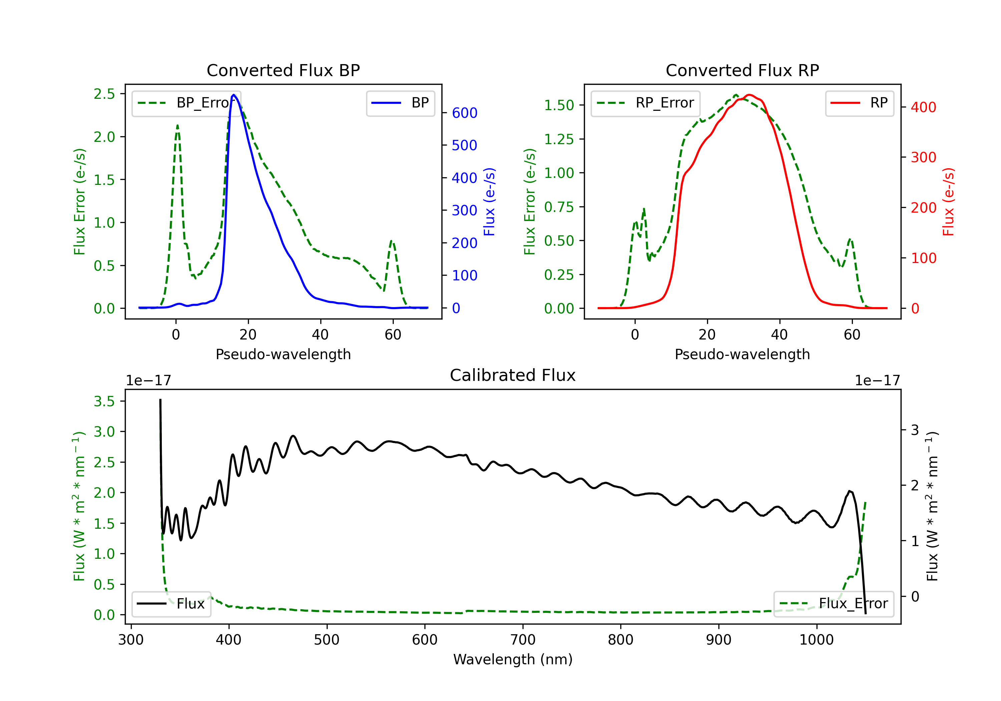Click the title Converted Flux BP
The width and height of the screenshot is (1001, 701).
(283, 70)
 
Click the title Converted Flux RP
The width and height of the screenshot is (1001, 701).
(742, 70)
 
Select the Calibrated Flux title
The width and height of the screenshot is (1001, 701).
(513, 375)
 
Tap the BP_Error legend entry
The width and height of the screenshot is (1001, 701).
(187, 103)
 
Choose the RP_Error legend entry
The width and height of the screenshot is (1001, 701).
(646, 103)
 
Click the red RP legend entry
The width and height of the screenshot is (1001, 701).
(859, 103)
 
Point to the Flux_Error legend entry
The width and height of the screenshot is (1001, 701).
(833, 604)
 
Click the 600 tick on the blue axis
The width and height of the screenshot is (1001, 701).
(465, 113)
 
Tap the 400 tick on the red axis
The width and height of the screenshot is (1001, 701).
(923, 107)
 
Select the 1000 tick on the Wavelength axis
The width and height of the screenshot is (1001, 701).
(816, 640)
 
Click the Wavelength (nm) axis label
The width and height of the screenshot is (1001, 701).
(513, 660)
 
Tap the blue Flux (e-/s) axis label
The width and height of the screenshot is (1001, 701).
(489, 202)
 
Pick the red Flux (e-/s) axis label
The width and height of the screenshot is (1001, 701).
(948, 202)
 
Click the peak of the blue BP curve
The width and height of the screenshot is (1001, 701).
(234, 95)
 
